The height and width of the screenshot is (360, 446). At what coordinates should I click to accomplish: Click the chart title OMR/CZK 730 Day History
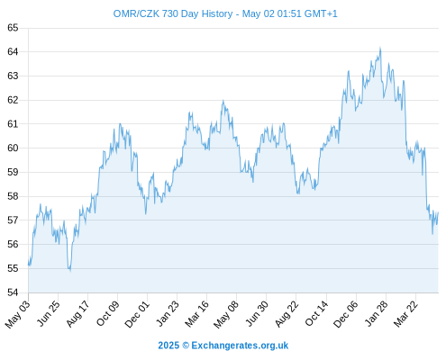pyautogui.click(x=173, y=13)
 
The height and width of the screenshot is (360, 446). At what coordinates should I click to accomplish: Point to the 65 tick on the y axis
pyautogui.click(x=13, y=28)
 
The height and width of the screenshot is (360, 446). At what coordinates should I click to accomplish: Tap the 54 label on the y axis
pyautogui.click(x=13, y=292)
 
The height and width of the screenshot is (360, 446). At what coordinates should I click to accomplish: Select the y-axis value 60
pyautogui.click(x=13, y=148)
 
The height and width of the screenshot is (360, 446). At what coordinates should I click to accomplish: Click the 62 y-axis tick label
pyautogui.click(x=13, y=100)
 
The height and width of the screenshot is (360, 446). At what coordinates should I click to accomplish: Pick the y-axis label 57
pyautogui.click(x=13, y=220)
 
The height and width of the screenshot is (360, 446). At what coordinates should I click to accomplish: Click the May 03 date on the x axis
pyautogui.click(x=18, y=313)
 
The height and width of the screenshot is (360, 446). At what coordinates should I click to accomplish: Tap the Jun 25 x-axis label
pyautogui.click(x=48, y=313)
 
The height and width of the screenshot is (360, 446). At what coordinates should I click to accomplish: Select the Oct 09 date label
pyautogui.click(x=107, y=313)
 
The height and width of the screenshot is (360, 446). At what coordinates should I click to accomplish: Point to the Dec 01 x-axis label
pyautogui.click(x=137, y=313)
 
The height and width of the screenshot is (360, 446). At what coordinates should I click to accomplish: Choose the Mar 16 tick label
pyautogui.click(x=196, y=313)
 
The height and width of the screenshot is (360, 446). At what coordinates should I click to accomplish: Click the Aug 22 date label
pyautogui.click(x=287, y=313)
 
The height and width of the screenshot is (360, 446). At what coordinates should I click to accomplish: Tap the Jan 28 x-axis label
pyautogui.click(x=377, y=313)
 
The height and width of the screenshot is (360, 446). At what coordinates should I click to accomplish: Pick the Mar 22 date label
pyautogui.click(x=405, y=313)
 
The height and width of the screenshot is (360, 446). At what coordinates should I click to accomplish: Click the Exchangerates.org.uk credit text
pyautogui.click(x=240, y=346)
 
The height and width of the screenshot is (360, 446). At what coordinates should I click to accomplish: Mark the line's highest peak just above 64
pyautogui.click(x=380, y=48)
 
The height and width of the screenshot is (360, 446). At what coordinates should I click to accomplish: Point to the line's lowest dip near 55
pyautogui.click(x=70, y=271)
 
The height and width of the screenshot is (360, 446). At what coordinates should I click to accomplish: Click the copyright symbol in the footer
pyautogui.click(x=186, y=346)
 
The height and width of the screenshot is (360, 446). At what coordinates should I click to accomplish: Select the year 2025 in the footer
pyautogui.click(x=168, y=346)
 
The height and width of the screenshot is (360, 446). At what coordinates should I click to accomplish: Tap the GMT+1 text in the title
pyautogui.click(x=321, y=13)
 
